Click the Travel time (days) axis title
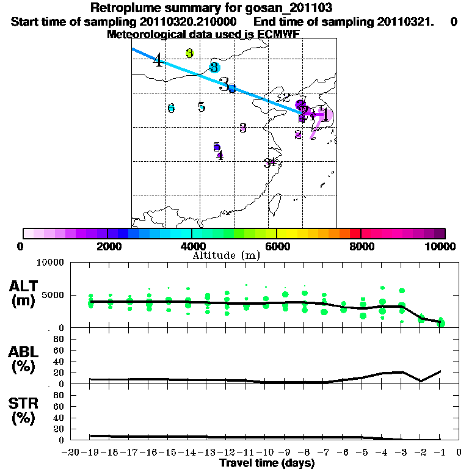(x=267, y=464)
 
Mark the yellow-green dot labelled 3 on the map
(x=190, y=53)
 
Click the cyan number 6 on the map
(x=171, y=108)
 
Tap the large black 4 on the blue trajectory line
(x=158, y=60)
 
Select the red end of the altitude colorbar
(x=355, y=233)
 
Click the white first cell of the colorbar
(x=28, y=233)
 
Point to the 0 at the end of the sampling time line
(x=453, y=22)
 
